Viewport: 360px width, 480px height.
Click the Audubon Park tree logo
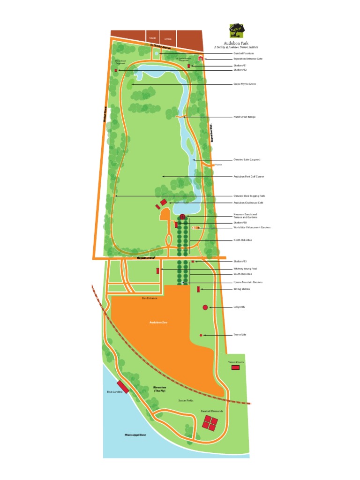(236, 31)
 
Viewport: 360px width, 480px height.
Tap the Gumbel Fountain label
(243, 53)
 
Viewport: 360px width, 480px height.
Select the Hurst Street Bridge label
(244, 117)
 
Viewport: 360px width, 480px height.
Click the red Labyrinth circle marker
(205, 307)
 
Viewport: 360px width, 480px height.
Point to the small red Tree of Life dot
(201, 335)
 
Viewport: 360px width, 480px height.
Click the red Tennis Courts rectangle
(235, 368)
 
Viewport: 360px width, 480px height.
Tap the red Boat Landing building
(123, 387)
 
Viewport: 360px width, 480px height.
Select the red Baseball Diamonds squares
(210, 423)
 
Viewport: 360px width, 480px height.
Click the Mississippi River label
(135, 435)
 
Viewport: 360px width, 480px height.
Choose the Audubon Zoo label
(158, 322)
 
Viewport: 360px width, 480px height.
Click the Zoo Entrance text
(150, 298)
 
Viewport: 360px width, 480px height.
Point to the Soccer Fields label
(186, 401)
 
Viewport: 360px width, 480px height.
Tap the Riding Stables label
(241, 289)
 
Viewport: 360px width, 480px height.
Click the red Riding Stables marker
(199, 289)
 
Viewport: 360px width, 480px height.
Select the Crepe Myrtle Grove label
(245, 84)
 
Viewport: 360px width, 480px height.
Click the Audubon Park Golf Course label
(248, 177)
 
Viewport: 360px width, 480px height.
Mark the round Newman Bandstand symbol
(182, 217)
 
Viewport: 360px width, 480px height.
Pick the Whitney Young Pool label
(245, 269)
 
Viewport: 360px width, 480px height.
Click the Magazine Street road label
(146, 258)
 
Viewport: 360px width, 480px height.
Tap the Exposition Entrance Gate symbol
(200, 59)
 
